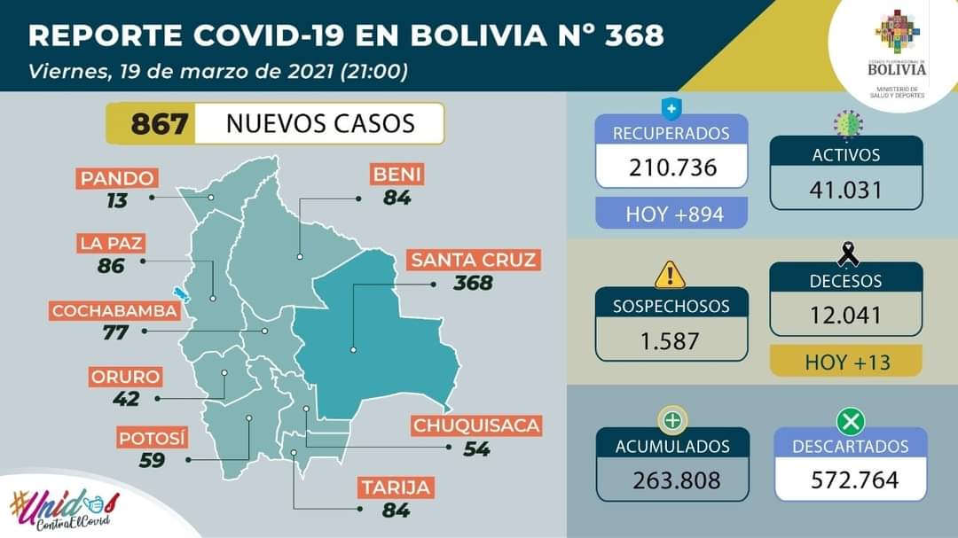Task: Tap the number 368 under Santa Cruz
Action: (x=472, y=283)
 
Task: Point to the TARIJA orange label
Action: (x=396, y=487)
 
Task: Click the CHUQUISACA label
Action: (x=476, y=425)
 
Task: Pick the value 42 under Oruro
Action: (x=127, y=398)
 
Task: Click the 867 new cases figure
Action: (x=160, y=123)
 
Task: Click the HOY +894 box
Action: (x=671, y=214)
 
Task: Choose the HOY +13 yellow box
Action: (x=845, y=361)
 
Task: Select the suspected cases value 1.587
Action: (x=671, y=340)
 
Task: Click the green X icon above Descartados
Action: (x=851, y=420)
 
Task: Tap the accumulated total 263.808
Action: (x=671, y=480)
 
